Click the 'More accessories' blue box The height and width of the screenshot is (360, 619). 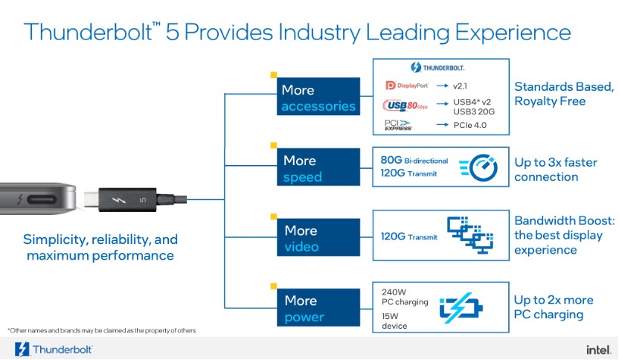tap(318, 97)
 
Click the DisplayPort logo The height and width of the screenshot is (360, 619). tap(403, 86)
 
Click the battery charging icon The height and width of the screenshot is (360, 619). tap(461, 308)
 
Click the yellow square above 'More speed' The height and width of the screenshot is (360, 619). tap(273, 145)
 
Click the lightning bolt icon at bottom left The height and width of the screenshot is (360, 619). tap(21, 349)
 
